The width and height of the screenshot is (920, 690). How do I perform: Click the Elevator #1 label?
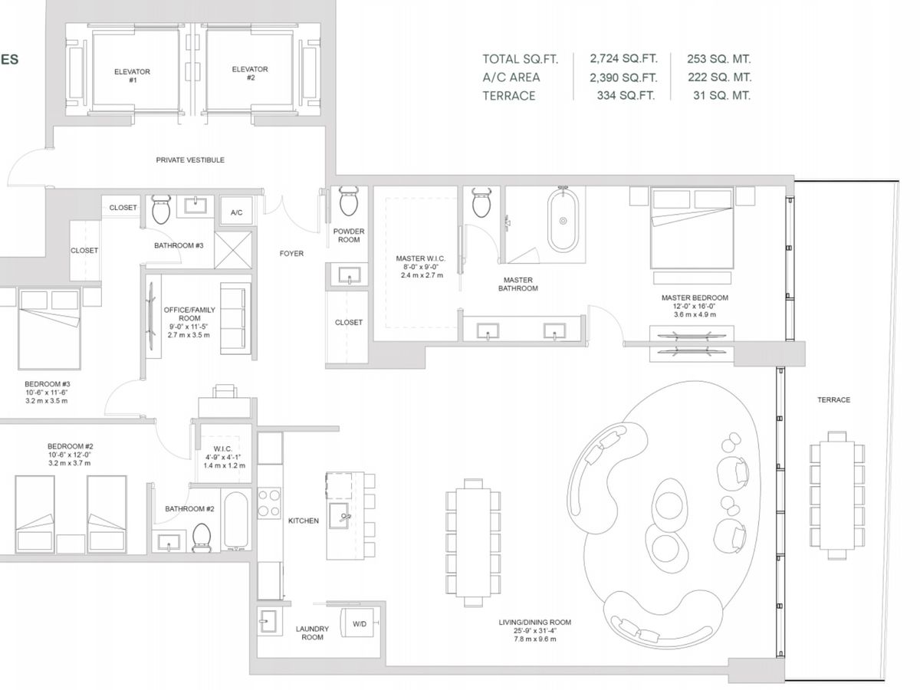[x=132, y=76]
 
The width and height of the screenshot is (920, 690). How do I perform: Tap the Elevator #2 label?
[x=250, y=74]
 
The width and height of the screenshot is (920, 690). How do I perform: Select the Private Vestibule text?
[x=190, y=160]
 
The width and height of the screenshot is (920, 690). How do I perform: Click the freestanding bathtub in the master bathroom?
[x=563, y=221]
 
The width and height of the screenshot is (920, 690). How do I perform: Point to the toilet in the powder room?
[x=349, y=201]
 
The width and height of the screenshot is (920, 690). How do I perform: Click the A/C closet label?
[x=236, y=212]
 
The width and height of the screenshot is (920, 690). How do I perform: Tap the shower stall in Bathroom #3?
[x=233, y=250]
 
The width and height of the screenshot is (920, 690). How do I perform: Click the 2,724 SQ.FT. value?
[x=623, y=59]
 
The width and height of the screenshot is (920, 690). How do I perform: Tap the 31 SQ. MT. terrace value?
[x=721, y=96]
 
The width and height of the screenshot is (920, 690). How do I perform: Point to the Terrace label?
[x=833, y=400]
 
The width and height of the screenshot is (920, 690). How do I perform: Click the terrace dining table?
[x=837, y=495]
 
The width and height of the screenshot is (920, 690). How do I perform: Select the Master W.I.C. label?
[x=420, y=258]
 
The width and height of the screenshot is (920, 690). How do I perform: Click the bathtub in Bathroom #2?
[x=236, y=520]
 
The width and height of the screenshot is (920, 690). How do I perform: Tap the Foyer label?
[x=291, y=254]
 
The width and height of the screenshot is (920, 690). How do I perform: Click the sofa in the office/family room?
[x=235, y=319]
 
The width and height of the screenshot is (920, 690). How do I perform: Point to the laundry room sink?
[x=268, y=621]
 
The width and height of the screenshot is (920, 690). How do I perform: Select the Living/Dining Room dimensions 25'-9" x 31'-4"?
[x=535, y=630]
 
